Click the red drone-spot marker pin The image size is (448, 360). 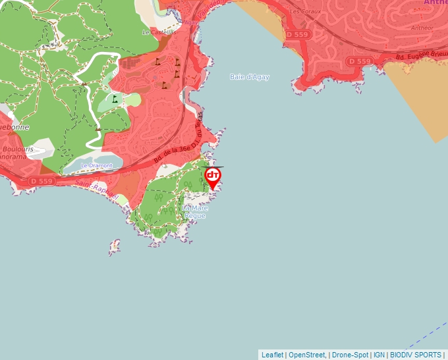(213, 177)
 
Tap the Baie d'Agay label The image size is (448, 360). (250, 77)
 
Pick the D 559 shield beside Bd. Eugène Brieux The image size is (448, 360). (360, 61)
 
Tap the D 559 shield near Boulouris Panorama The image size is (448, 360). (41, 181)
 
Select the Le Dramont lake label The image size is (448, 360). (97, 165)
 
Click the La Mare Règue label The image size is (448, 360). (194, 212)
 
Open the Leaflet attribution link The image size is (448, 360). (272, 355)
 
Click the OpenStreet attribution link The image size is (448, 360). (307, 355)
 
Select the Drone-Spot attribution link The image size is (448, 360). (350, 355)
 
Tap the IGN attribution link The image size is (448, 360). (379, 355)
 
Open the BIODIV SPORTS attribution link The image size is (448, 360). (416, 355)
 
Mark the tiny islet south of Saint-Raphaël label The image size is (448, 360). (115, 247)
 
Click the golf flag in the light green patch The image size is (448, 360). (115, 99)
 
